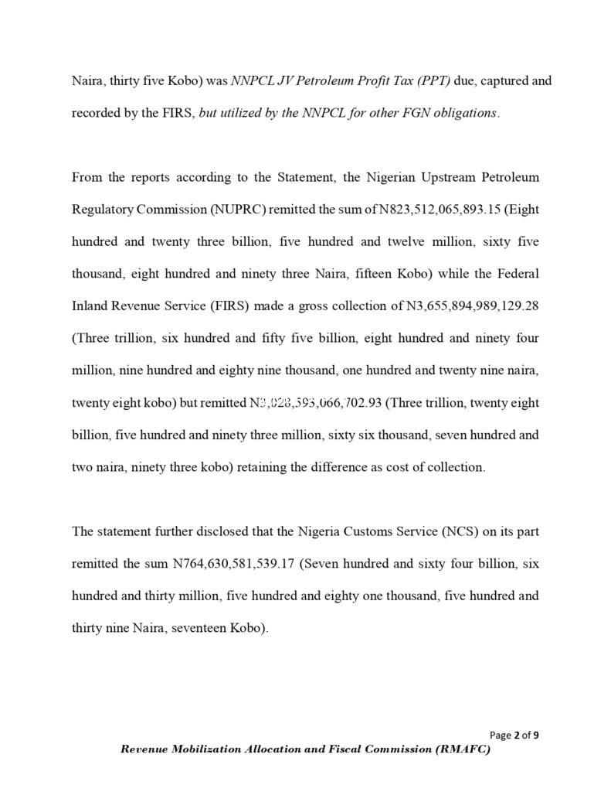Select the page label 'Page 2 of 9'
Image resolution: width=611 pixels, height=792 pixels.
(x=514, y=735)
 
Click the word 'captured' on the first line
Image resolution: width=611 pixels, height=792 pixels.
(x=480, y=80)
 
